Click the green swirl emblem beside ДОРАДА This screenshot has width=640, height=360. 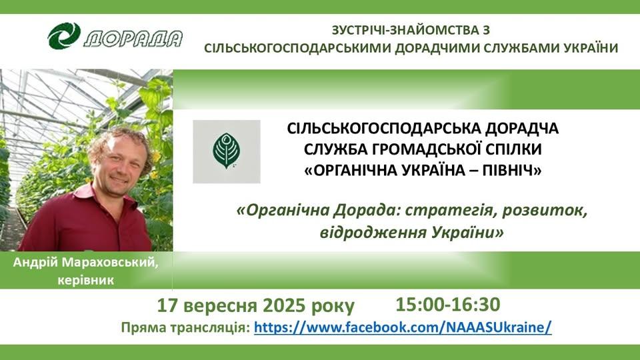[64, 36]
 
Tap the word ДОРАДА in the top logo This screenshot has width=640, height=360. [133, 39]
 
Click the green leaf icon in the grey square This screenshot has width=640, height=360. [227, 151]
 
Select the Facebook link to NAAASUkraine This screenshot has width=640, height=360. [403, 327]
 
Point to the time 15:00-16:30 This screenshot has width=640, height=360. [448, 305]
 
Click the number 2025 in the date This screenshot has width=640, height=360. [284, 305]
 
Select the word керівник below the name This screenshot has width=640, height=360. [86, 281]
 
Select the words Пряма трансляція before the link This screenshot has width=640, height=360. [185, 328]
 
